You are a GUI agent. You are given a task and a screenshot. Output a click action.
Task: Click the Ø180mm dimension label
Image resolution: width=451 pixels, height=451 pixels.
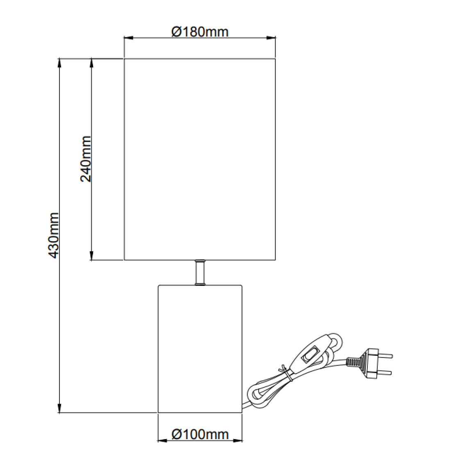click(200, 32)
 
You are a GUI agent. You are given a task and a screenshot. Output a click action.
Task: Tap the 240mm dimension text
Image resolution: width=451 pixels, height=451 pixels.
click(86, 159)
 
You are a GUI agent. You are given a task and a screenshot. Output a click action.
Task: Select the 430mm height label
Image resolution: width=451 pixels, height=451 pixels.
click(53, 235)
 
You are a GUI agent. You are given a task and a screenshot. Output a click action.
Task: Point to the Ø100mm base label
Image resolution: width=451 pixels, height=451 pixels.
click(200, 434)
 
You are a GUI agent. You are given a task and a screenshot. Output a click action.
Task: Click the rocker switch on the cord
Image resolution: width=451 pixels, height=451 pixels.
click(309, 354)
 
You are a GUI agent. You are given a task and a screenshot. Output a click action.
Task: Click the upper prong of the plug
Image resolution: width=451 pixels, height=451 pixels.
click(385, 355)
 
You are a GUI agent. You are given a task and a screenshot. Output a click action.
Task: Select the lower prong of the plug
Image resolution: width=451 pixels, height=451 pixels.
click(384, 373)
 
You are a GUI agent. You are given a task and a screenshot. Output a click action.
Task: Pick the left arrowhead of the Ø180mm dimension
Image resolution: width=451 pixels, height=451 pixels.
click(128, 38)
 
